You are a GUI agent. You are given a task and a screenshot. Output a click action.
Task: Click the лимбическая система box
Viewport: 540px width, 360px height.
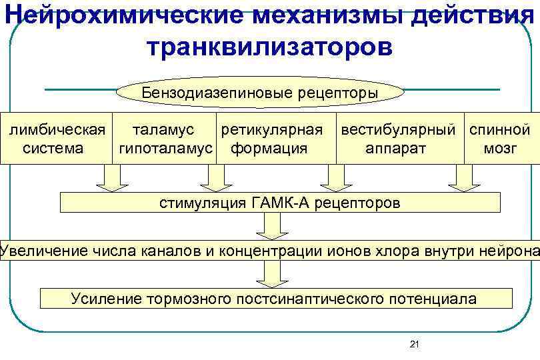56,138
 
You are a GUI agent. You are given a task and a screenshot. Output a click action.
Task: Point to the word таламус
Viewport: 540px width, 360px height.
164,129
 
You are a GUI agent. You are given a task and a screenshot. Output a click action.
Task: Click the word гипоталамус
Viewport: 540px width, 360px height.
166,147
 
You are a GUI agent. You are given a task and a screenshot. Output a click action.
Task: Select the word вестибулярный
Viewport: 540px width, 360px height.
399,129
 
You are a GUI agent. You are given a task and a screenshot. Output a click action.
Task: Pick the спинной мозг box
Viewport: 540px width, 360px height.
501,138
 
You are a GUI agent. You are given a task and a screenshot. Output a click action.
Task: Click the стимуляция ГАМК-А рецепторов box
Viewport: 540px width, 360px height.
280,203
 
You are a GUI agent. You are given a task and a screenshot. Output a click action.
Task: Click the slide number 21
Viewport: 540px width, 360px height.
414,344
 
